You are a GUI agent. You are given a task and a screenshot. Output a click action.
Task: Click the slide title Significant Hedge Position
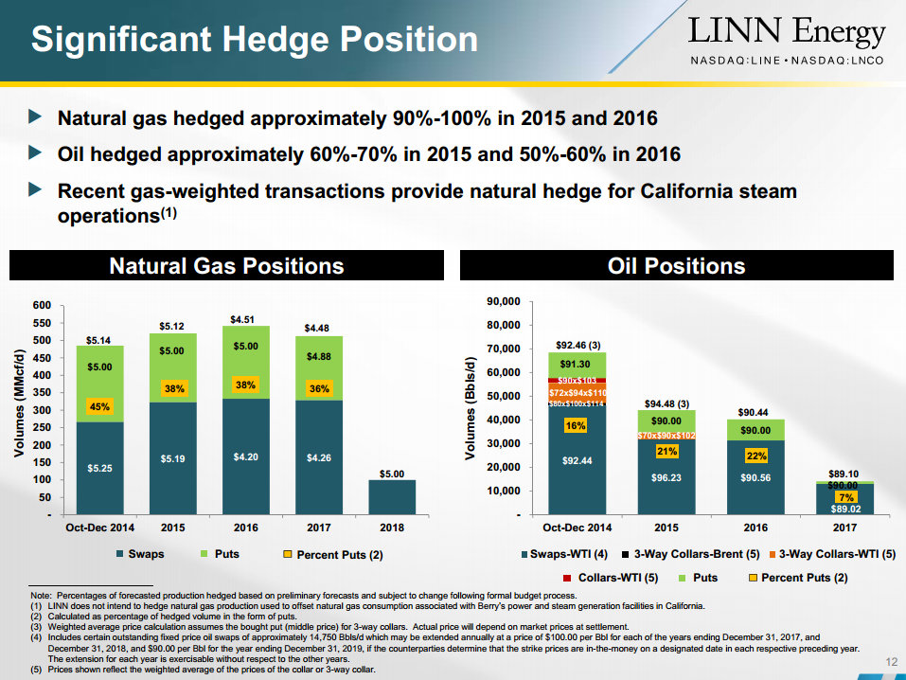click(254, 40)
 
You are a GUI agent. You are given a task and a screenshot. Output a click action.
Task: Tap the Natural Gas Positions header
click(226, 266)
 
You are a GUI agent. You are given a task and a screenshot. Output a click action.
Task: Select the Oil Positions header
click(676, 266)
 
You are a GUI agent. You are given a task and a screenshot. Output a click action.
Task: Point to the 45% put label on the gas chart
click(99, 407)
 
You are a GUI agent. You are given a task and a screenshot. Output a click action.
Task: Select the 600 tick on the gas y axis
click(41, 306)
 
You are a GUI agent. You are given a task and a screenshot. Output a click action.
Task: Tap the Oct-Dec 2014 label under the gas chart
click(98, 528)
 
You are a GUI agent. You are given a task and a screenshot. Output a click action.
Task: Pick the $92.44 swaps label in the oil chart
click(577, 461)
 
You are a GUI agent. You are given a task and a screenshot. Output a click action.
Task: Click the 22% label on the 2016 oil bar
click(755, 456)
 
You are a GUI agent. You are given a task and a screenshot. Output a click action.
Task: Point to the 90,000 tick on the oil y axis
click(502, 302)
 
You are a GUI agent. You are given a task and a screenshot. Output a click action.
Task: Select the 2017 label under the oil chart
click(844, 528)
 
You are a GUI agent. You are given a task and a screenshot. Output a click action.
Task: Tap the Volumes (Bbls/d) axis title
click(470, 409)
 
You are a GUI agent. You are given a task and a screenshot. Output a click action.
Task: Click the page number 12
click(889, 661)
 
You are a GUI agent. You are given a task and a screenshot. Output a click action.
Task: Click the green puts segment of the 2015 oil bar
click(666, 421)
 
